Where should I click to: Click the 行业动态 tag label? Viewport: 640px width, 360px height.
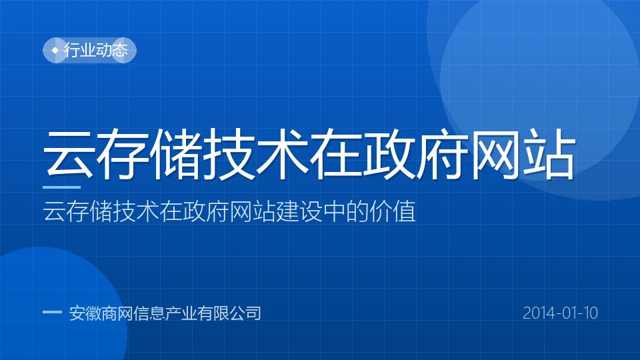point(96,50)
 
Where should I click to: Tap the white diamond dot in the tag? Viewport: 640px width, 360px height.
point(55,50)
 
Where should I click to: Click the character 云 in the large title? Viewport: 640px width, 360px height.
point(69,154)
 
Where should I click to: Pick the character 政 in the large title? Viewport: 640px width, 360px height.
point(389,154)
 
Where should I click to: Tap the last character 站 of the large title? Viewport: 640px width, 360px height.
point(549,154)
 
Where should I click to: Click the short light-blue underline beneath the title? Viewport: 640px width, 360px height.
point(61,187)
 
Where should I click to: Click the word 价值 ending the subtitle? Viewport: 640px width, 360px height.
point(392,211)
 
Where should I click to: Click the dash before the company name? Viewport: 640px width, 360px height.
point(52,313)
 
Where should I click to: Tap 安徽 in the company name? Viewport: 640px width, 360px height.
point(85,313)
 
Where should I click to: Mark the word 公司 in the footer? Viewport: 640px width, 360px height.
point(245,313)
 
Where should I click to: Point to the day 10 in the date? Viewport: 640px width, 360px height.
point(591,313)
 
